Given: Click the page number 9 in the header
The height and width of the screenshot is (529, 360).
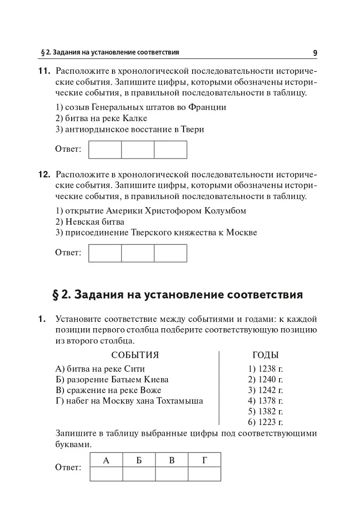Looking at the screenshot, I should pos(315,53).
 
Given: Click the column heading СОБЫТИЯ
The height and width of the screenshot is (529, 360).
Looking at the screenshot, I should pos(135,355).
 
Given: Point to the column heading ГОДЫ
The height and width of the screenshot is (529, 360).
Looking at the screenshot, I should pos(265,355).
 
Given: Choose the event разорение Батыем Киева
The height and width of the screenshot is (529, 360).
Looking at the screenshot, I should pos(112,380).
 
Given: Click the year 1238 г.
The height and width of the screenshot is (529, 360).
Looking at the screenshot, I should pos(265,369).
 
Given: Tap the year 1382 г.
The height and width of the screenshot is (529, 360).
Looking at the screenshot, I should pos(265,411).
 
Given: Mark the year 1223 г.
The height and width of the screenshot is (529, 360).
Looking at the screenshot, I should pos(265,422).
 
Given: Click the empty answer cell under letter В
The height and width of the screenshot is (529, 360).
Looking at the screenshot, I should pos(171,474).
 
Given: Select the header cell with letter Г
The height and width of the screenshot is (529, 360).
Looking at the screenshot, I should pos(204,460).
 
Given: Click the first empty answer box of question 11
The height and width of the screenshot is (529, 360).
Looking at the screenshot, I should pos(105,150).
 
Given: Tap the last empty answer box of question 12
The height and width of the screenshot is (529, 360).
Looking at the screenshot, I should pos(171,253).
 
